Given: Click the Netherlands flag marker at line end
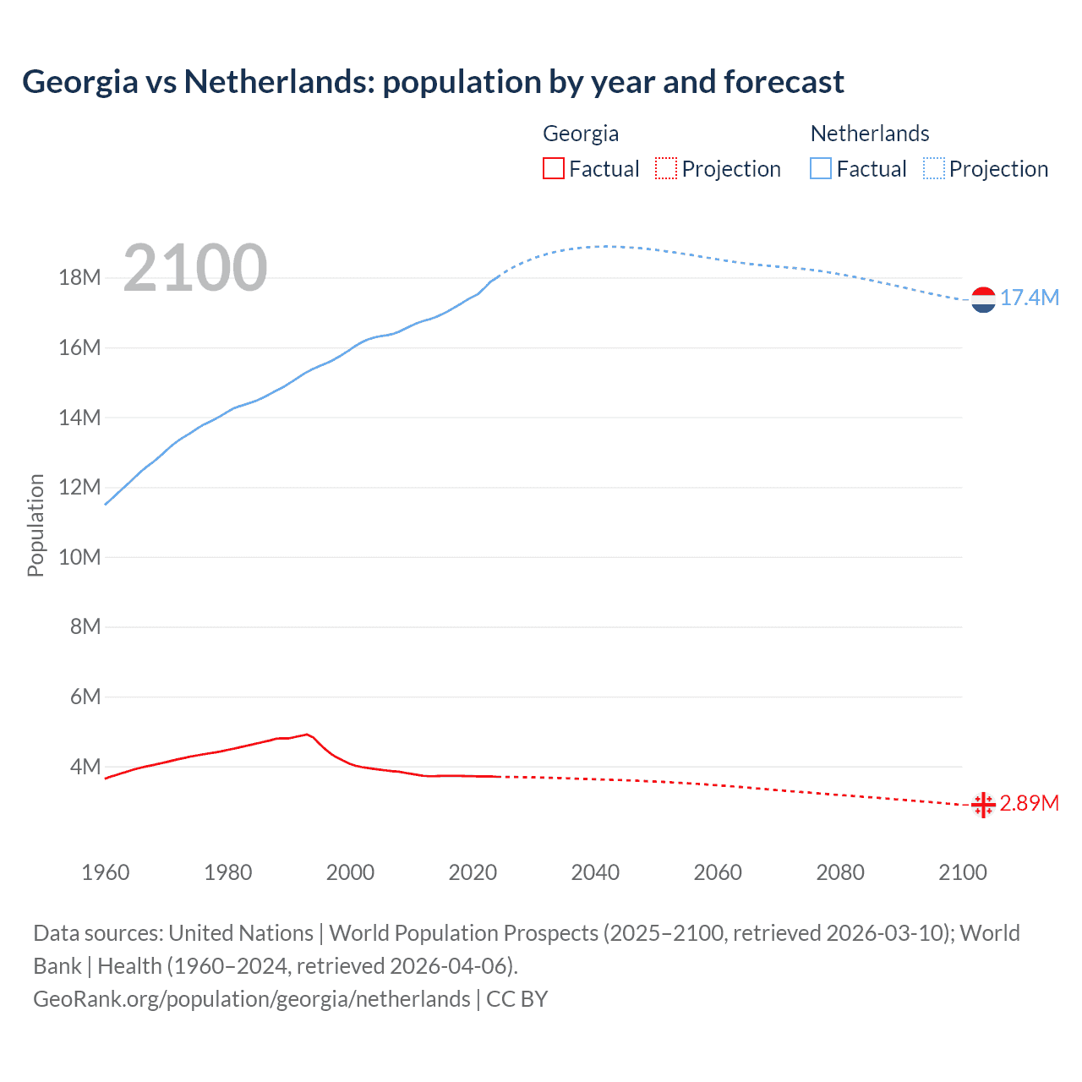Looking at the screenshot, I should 983,300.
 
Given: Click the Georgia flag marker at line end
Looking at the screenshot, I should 983,805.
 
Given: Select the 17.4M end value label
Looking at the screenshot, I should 1029,298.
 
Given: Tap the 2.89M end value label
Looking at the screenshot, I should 1029,803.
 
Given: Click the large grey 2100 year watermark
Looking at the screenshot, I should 195,268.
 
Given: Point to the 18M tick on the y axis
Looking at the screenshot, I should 79,278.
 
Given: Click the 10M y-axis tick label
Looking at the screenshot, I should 79,558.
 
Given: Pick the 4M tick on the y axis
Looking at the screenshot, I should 85,767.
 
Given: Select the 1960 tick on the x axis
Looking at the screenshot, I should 106,872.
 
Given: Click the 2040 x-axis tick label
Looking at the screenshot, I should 595,872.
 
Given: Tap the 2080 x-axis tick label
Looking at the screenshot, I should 840,872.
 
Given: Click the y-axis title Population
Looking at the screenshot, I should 36,525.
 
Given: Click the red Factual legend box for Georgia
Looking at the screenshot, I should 553,169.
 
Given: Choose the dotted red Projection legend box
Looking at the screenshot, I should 666,169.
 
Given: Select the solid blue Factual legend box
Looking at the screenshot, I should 821,169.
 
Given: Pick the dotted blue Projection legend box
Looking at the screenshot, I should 934,169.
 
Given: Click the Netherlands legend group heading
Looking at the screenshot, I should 870,134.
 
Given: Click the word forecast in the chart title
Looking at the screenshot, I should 784,82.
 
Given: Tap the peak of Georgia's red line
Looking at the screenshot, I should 306,735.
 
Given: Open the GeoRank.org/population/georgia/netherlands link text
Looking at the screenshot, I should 251,999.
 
